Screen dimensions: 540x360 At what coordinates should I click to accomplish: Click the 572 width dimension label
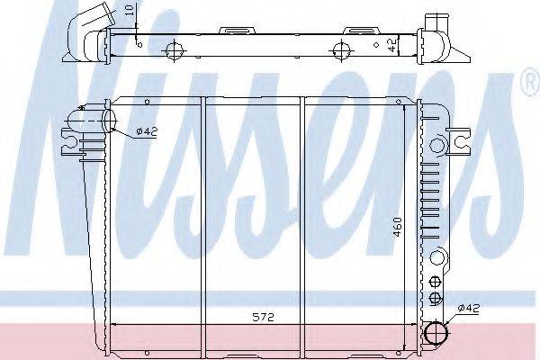264,317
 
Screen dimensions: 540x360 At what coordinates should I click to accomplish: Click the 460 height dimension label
397,227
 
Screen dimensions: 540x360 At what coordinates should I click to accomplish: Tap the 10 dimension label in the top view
129,10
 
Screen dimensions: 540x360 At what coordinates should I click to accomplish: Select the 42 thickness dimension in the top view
392,45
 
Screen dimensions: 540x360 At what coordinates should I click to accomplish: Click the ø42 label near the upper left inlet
147,131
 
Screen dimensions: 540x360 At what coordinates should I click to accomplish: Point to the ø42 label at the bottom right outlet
469,309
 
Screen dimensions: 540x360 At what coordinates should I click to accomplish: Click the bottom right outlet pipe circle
437,332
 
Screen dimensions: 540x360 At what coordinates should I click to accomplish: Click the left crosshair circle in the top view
175,51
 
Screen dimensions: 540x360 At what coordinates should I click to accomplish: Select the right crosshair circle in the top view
341,50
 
